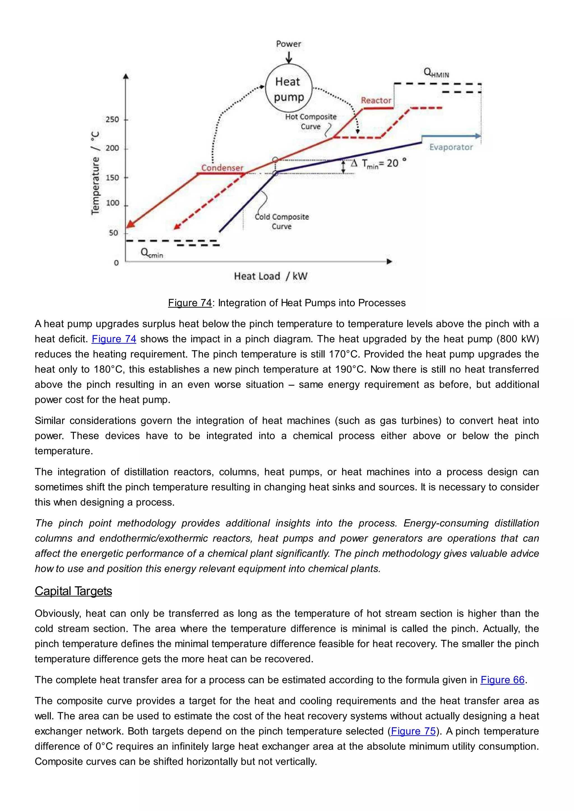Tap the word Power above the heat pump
click(x=288, y=44)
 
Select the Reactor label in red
click(x=376, y=101)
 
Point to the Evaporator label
click(x=451, y=147)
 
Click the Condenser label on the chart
click(x=222, y=168)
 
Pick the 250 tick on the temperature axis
click(x=112, y=119)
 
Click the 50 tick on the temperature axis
click(x=114, y=233)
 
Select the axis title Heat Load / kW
click(x=271, y=276)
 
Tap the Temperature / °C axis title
click(x=95, y=173)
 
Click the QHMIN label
click(x=436, y=73)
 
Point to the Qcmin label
click(x=152, y=253)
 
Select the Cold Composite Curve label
click(x=282, y=222)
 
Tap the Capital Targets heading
click(x=73, y=591)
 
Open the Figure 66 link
click(x=502, y=680)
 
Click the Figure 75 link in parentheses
click(x=413, y=731)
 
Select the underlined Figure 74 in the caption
click(x=190, y=303)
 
